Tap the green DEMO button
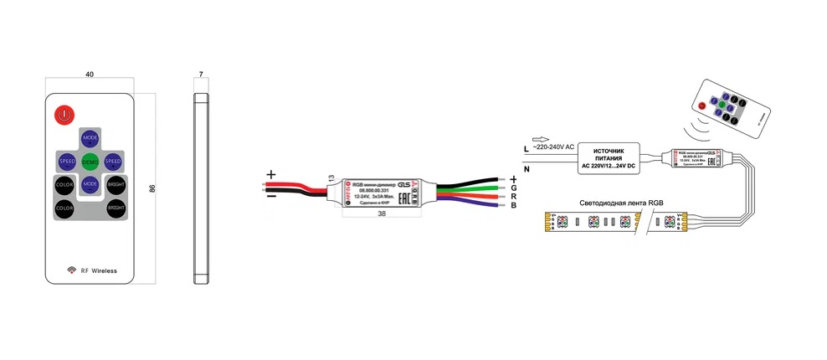90,160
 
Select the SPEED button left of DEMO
67,160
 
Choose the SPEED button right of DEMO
114,160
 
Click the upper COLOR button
65,183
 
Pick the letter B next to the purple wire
512,205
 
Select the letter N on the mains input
527,170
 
